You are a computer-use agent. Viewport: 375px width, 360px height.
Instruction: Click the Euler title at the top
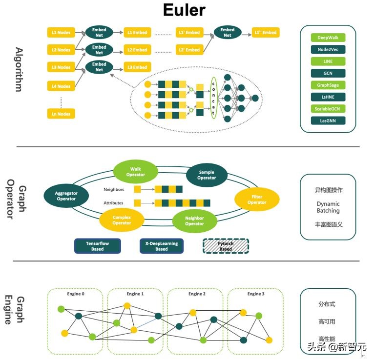pos(184,10)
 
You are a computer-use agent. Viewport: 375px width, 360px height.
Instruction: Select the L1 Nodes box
pos(61,33)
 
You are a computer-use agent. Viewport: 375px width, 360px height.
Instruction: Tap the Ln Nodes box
pos(61,114)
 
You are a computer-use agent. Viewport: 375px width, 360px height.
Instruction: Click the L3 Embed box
pos(137,67)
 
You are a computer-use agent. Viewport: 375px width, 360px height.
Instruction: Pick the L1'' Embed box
pos(265,33)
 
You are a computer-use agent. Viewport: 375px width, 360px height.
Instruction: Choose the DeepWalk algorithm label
pos(328,38)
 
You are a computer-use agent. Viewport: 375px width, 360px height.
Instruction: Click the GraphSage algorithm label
pos(328,85)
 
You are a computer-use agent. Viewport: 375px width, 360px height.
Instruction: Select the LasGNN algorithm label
pos(328,120)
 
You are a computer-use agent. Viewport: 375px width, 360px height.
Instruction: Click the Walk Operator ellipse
pos(136,172)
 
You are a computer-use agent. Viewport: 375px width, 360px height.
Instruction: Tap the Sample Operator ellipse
pos(207,175)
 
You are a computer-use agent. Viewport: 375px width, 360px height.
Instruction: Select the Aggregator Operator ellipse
pos(66,196)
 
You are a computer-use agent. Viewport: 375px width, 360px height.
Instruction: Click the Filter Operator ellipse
pos(257,200)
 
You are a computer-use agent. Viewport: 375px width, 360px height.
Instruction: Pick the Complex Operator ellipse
pos(122,220)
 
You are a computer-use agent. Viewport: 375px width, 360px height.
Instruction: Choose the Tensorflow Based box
pos(98,246)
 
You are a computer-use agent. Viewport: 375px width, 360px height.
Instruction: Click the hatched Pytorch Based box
pos(226,246)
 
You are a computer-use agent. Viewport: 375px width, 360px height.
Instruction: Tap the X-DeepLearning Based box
pos(162,246)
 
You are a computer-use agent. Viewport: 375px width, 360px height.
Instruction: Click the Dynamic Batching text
pos(328,207)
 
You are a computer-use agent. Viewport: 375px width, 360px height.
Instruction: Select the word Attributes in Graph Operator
pos(113,203)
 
